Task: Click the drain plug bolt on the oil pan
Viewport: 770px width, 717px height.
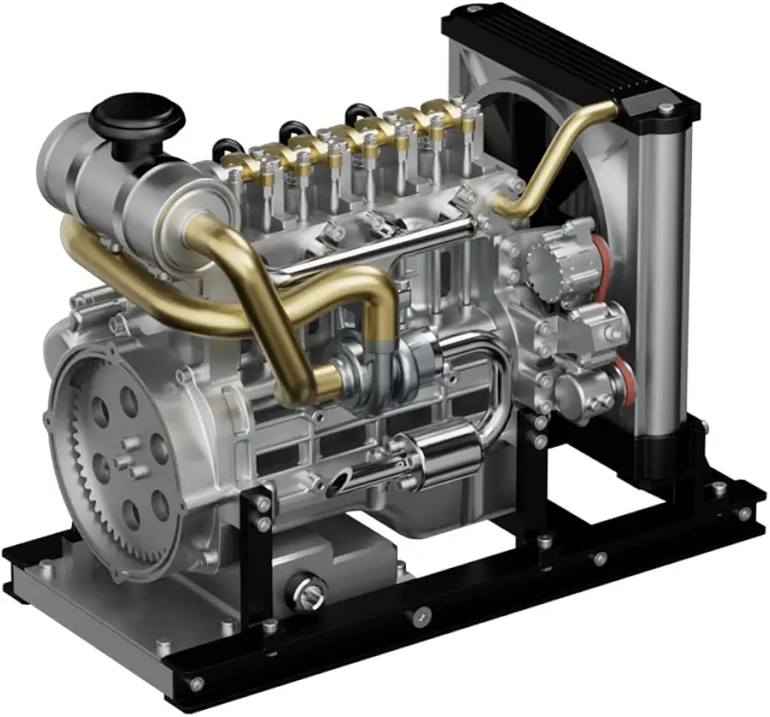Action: [x=308, y=593]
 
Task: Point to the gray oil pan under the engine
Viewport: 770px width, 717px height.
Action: [x=337, y=561]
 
